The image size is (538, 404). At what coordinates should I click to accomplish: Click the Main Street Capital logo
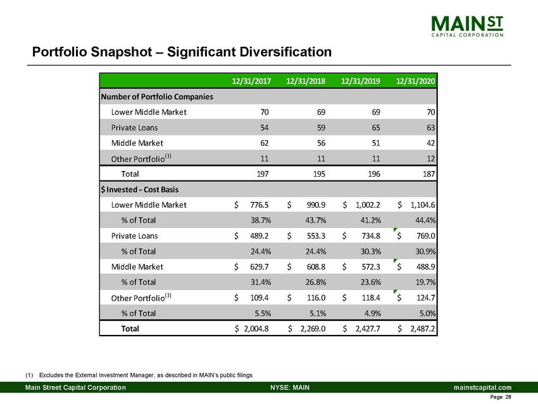pos(467,27)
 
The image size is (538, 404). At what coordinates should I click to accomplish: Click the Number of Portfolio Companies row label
pos(156,97)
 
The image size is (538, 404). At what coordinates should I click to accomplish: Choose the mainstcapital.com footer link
pos(479,387)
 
